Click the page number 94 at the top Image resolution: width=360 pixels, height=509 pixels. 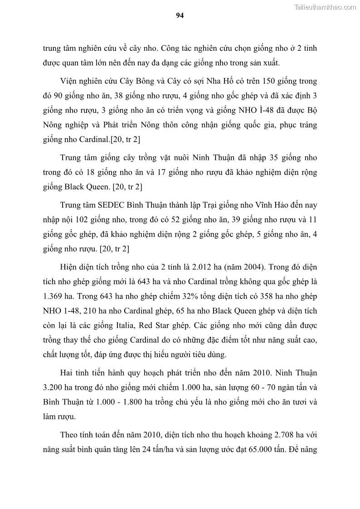click(180, 15)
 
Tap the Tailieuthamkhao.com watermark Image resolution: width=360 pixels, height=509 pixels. click(326, 7)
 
